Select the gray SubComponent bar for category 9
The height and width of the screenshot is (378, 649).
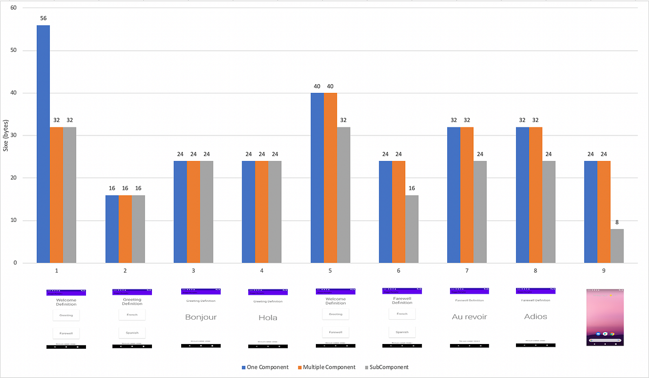point(617,246)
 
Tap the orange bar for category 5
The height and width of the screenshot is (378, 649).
point(330,178)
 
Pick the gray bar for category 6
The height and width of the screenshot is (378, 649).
point(412,229)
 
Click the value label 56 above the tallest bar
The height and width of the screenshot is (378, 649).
point(43,18)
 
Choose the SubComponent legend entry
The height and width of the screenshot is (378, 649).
point(386,367)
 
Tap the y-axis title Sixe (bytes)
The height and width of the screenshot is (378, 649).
point(6,135)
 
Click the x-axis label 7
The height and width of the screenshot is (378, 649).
point(467,270)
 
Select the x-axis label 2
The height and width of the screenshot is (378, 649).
point(125,270)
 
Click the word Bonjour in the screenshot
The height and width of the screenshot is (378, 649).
point(201,317)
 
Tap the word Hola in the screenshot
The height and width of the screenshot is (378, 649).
point(268,318)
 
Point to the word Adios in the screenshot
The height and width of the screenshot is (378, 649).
point(535,316)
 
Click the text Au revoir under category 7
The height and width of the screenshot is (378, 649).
point(469,317)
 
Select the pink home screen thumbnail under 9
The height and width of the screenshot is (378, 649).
point(605,317)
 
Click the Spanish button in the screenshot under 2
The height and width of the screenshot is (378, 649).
point(132,332)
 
